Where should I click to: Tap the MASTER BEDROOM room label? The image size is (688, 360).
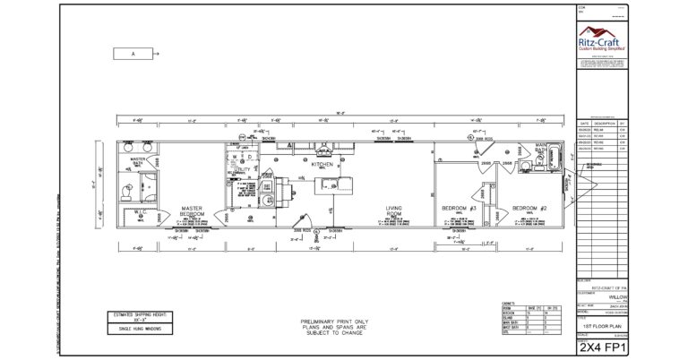pos(193,211)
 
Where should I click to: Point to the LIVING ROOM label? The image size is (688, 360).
pos(395,211)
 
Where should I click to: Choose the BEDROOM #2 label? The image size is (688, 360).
pos(529,209)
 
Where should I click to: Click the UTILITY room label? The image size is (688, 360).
pos(243,168)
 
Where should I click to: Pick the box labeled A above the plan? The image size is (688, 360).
pos(133,54)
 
